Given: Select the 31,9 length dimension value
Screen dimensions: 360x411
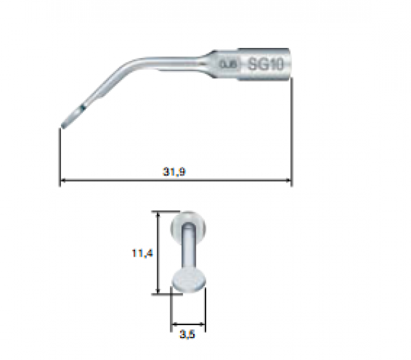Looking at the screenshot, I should [173, 172].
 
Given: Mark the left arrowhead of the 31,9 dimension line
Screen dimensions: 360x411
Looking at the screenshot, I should [64, 181].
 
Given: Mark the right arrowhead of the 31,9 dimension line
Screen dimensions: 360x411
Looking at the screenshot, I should [289, 181].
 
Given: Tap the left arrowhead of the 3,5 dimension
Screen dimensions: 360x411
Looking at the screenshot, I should [173, 323].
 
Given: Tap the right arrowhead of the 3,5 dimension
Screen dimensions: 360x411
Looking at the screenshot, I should [203, 323].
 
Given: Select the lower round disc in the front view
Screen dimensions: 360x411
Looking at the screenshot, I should [188, 281].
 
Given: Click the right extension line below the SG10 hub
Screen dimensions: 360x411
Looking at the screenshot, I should [292, 130].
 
